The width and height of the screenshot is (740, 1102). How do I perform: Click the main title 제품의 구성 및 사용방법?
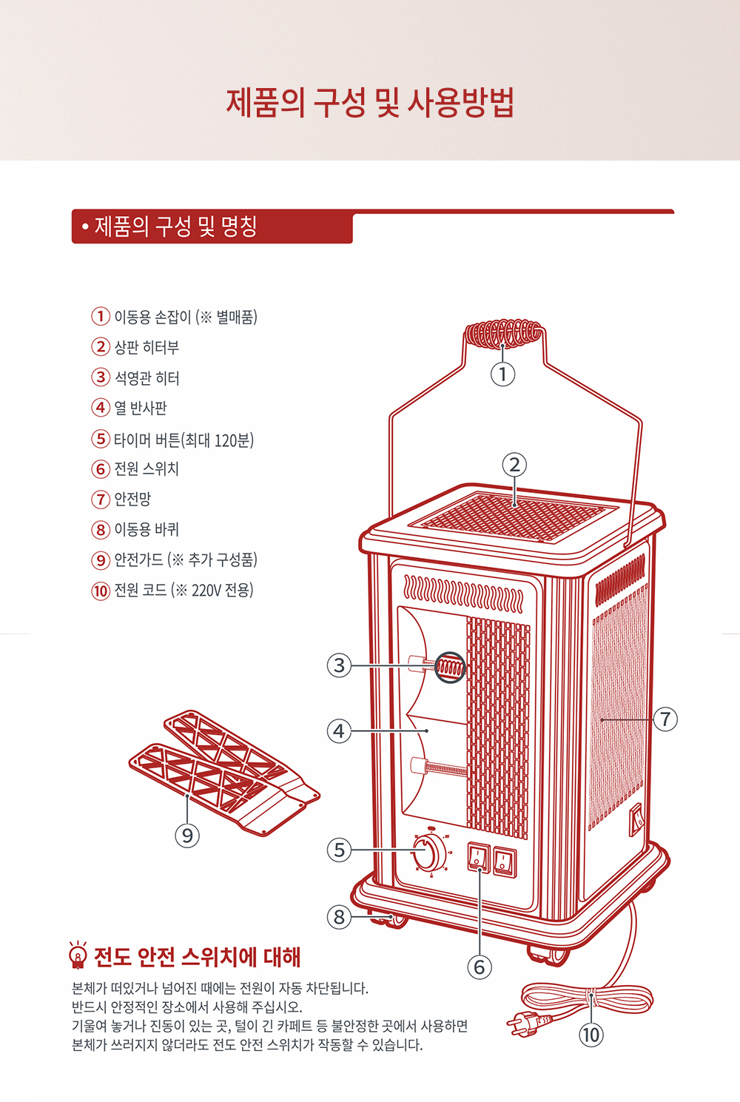(370, 103)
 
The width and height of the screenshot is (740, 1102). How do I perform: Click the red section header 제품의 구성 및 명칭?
(175, 226)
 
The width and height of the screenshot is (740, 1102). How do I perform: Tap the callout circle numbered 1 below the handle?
(503, 374)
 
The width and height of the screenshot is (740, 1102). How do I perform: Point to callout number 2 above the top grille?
(514, 465)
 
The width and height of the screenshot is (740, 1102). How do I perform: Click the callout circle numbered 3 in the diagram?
(340, 665)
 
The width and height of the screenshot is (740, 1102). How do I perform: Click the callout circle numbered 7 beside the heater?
(666, 719)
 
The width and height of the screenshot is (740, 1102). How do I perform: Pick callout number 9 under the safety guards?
(187, 836)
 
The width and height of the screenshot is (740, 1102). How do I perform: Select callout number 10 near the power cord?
(591, 1035)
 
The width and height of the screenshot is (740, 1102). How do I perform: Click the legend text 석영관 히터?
(147, 378)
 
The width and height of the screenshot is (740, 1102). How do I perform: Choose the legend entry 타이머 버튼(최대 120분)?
(184, 440)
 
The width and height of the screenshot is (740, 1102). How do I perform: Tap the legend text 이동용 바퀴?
(147, 529)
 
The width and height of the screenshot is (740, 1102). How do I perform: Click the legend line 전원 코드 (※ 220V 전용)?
(184, 590)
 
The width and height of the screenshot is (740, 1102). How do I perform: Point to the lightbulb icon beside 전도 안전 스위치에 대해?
(78, 955)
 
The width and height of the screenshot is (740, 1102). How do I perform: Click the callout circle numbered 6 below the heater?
(480, 967)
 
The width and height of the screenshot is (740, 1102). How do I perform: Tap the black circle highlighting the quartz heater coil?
(450, 668)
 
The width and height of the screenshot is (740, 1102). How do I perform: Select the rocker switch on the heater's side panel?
(636, 819)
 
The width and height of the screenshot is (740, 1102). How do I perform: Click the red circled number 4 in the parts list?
(101, 407)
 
